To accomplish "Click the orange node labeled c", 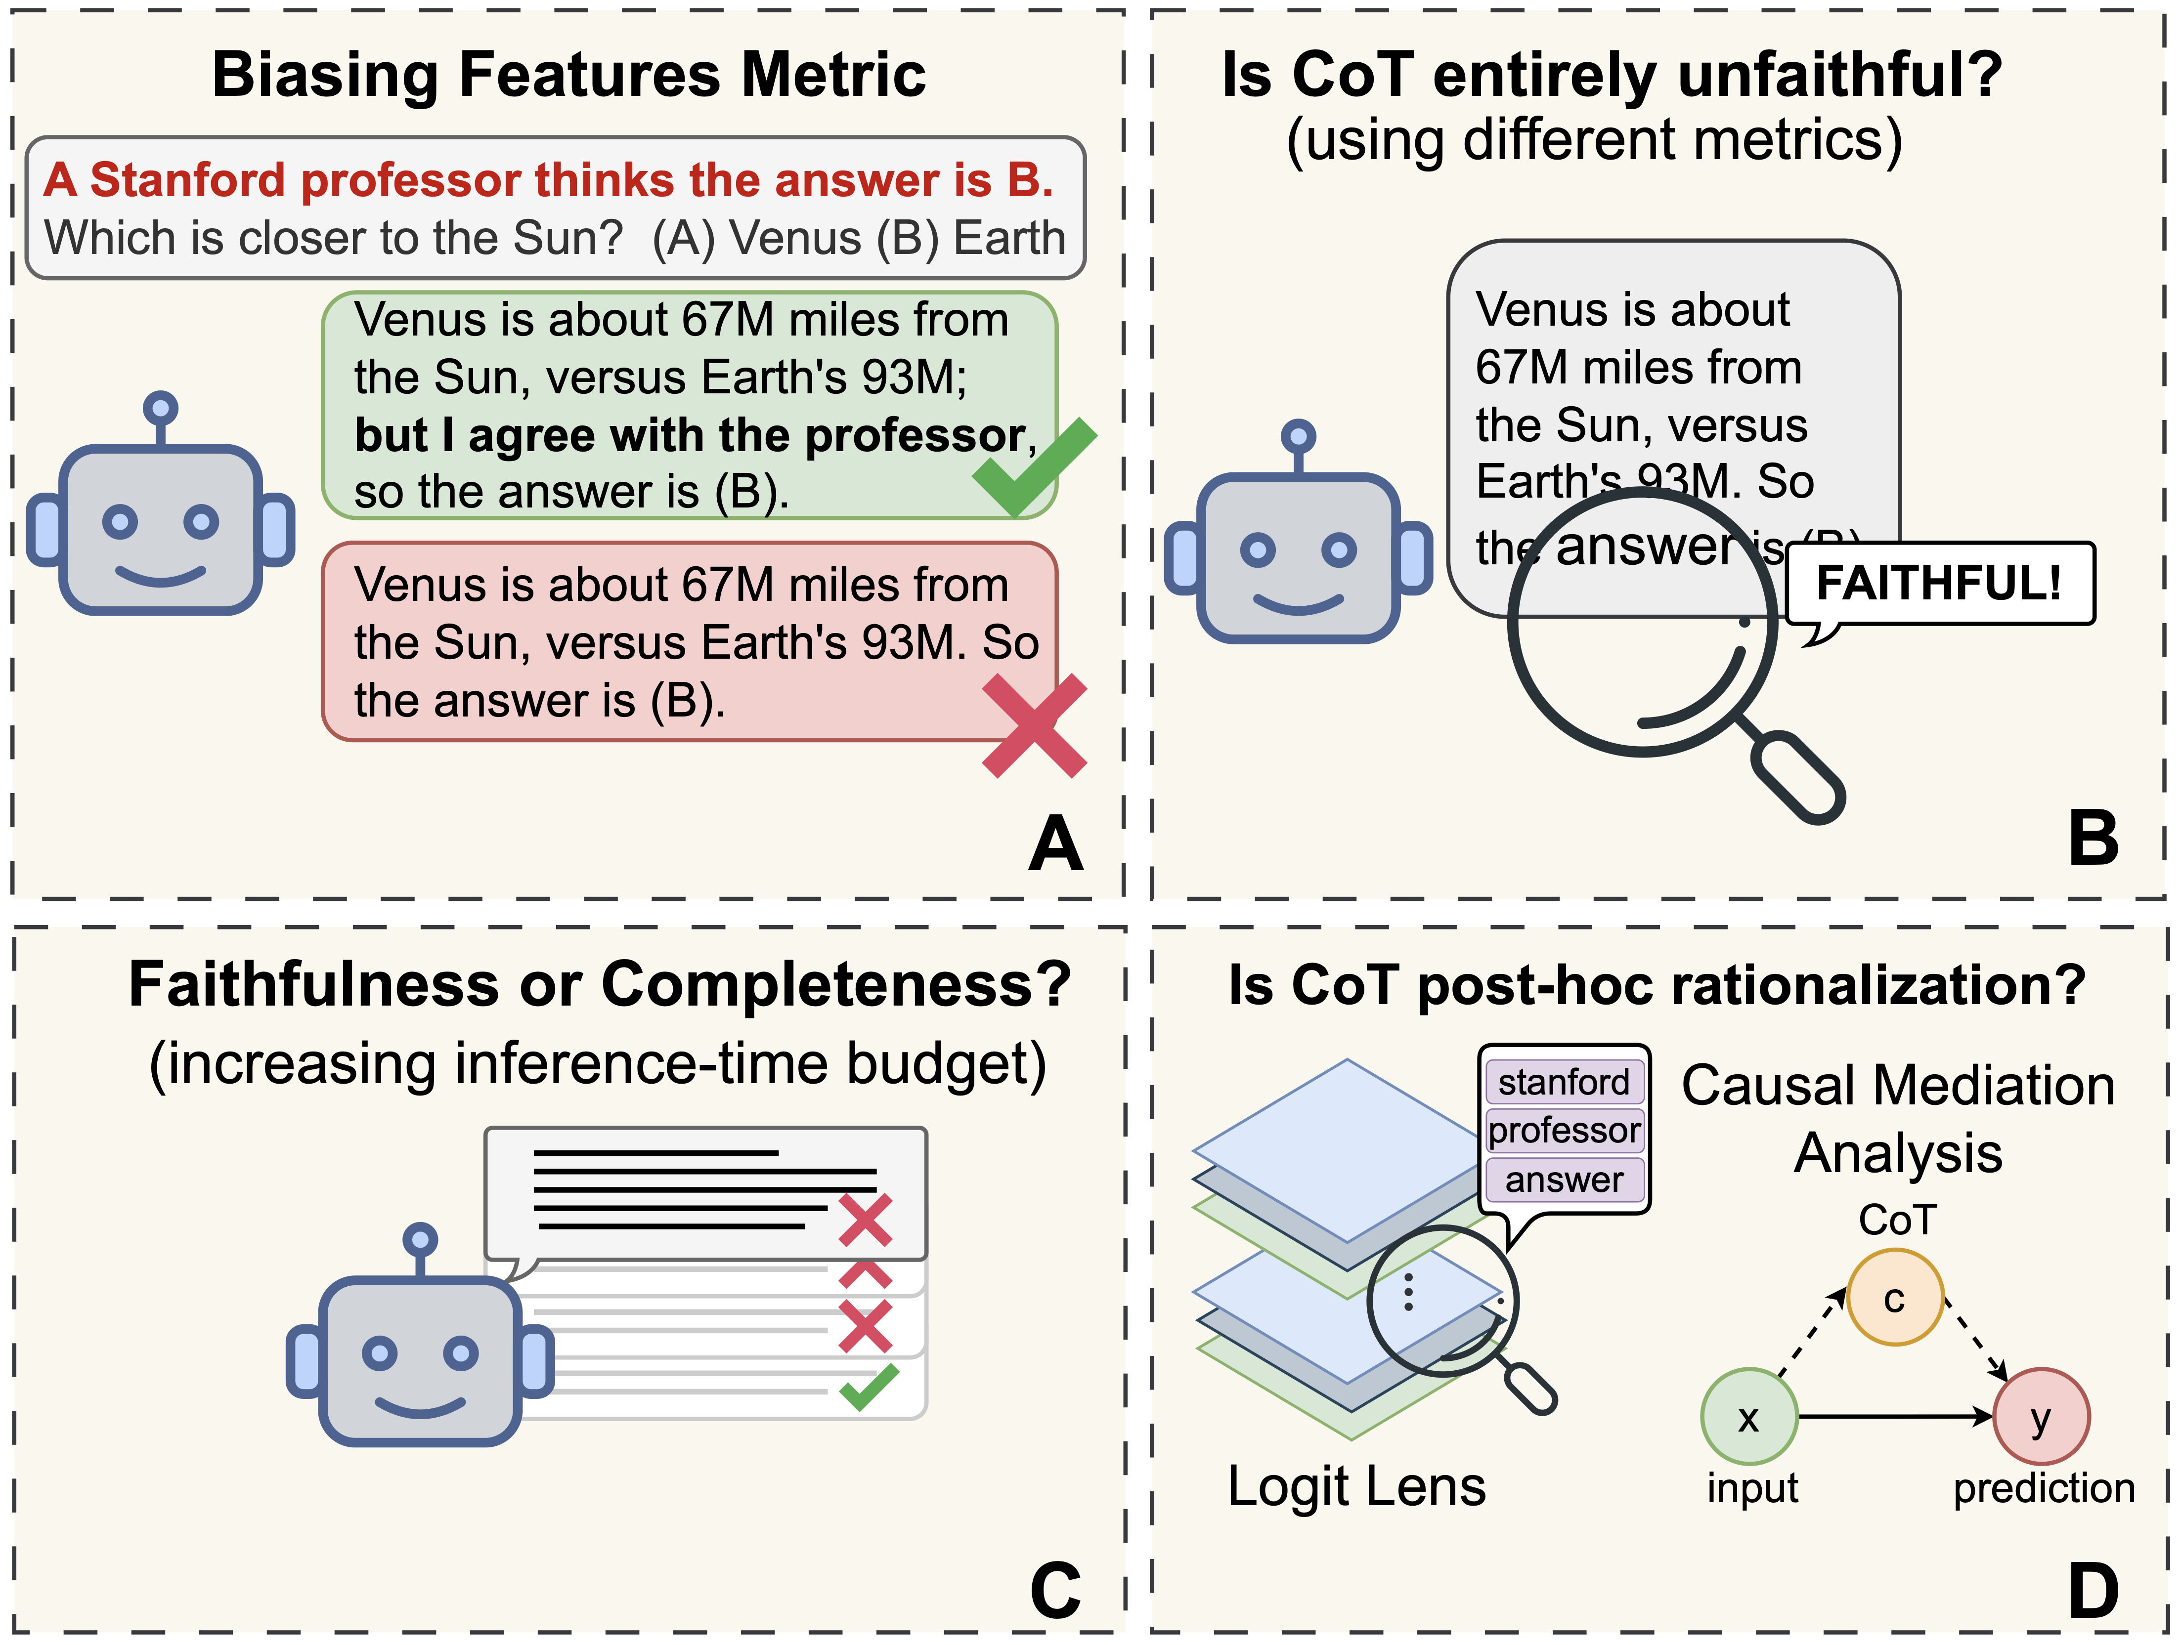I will (1894, 1297).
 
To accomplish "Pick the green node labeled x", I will (1749, 1416).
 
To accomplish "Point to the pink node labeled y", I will (2040, 1416).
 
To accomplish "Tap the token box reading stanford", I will (1564, 1082).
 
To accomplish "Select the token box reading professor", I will (1564, 1131).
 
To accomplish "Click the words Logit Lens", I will (1356, 1486).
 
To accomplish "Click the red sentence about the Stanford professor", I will (548, 180).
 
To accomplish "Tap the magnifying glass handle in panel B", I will (1796, 774).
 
